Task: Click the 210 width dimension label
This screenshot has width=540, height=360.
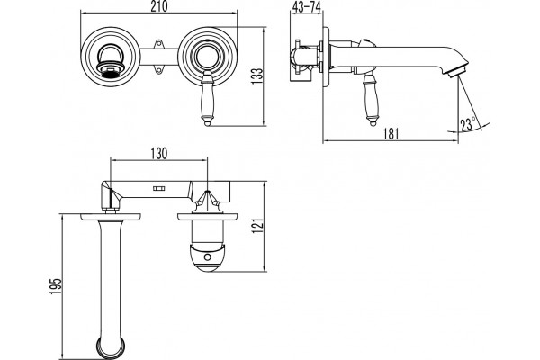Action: pos(158,6)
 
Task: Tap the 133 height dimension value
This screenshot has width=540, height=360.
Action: pos(257,76)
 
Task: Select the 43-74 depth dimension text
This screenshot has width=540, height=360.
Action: pos(306,7)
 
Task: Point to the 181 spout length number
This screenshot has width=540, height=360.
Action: pos(391,134)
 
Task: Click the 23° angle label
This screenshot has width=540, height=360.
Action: pos(468,124)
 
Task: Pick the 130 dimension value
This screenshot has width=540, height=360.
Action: pos(158,154)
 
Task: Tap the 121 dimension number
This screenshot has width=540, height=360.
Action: pos(257,226)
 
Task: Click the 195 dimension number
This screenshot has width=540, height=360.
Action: pos(56,286)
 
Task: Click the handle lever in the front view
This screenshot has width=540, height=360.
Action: pos(207,98)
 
